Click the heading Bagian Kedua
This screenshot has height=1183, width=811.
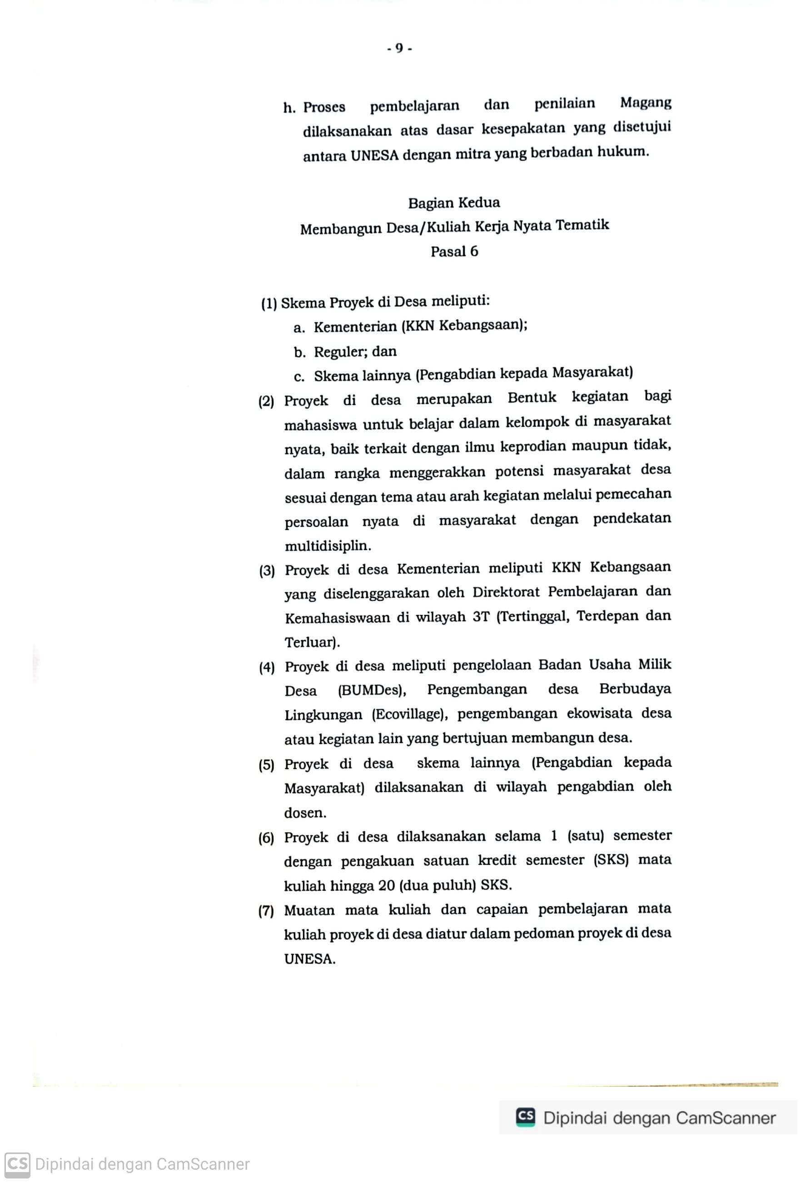454,203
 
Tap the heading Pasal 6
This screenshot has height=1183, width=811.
454,251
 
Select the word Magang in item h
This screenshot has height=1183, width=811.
645,103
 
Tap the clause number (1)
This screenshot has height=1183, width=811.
269,304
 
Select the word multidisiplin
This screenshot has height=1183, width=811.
327,546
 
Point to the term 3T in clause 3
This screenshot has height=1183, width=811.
481,617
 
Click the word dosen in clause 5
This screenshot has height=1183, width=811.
304,813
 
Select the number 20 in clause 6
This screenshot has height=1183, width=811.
387,886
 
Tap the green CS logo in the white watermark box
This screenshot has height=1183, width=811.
526,1118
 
